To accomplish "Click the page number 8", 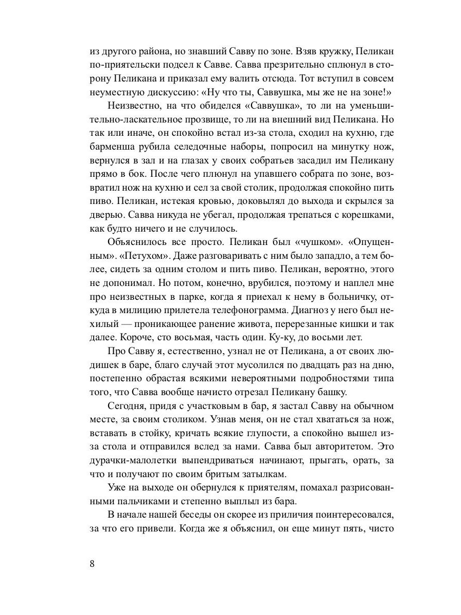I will (92, 564).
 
